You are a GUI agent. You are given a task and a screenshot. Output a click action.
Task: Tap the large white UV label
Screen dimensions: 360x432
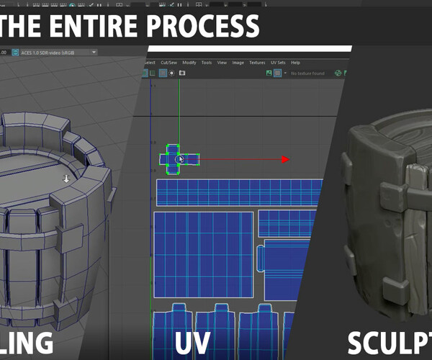tap(196, 340)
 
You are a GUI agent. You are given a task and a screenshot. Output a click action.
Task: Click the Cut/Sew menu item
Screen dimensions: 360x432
tap(170, 63)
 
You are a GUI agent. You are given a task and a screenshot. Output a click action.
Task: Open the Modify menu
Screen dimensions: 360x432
tap(189, 63)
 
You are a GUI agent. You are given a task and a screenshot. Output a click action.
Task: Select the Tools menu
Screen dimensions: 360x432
tap(207, 63)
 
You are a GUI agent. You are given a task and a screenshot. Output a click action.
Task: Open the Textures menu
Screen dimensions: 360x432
tap(257, 63)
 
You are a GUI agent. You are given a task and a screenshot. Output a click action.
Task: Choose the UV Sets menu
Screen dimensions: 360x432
tap(278, 63)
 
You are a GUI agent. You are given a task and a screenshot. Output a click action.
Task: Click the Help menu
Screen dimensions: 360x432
tap(295, 63)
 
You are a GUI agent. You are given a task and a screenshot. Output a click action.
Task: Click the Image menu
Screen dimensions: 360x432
tap(237, 63)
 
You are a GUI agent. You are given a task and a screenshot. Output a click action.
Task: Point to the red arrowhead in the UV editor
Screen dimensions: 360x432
tap(285, 160)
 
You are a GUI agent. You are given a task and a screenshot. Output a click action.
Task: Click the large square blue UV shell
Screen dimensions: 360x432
tap(204, 256)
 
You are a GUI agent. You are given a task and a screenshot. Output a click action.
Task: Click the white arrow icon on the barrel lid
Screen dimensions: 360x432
tap(66, 179)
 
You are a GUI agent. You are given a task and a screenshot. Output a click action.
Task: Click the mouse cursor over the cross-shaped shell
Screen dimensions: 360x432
tap(181, 160)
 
